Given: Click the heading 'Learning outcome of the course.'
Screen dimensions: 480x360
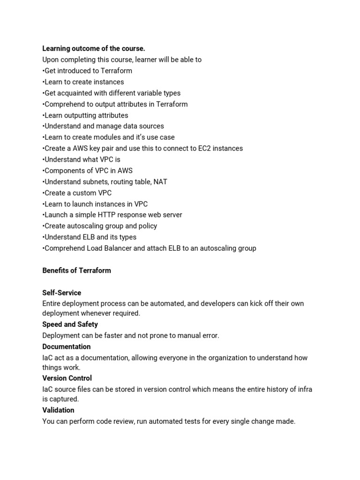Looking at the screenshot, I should pyautogui.click(x=94, y=48).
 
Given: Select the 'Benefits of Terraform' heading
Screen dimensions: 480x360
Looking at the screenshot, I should pyautogui.click(x=76, y=270).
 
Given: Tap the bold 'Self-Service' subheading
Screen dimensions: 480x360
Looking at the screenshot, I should pyautogui.click(x=61, y=292).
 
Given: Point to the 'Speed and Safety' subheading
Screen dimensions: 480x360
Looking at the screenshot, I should pyautogui.click(x=70, y=324).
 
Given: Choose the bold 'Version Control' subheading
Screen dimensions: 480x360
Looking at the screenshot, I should pyautogui.click(x=67, y=378).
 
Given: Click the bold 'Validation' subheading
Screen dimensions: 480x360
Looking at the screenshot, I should pyautogui.click(x=58, y=410).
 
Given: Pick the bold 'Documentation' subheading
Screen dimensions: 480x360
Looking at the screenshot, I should pyautogui.click(x=67, y=346).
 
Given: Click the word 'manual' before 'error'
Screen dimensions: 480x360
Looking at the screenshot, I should pyautogui.click(x=186, y=336).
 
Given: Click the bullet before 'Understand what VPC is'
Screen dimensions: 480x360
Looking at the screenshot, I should pyautogui.click(x=43, y=159).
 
